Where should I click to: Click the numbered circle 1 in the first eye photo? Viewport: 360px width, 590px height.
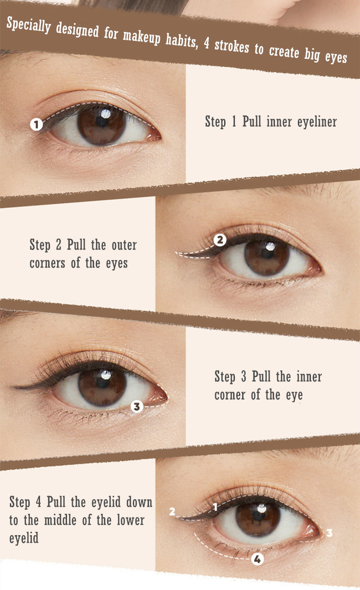click(x=36, y=125)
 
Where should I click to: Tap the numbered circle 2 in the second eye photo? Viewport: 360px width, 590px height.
click(x=220, y=240)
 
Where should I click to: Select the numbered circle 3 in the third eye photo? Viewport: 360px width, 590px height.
click(x=137, y=407)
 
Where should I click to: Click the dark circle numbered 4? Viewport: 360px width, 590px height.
click(x=257, y=559)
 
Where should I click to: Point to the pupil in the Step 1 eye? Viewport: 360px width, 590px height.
click(x=102, y=121)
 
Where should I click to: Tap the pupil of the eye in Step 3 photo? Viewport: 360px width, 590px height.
click(x=103, y=383)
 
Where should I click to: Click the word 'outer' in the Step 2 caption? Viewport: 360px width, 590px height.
click(x=122, y=246)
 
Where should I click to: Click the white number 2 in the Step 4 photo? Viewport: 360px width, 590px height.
click(x=172, y=511)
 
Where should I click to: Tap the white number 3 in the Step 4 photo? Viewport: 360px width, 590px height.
click(x=329, y=533)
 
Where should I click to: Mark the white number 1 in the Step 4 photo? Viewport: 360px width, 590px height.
click(x=215, y=507)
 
